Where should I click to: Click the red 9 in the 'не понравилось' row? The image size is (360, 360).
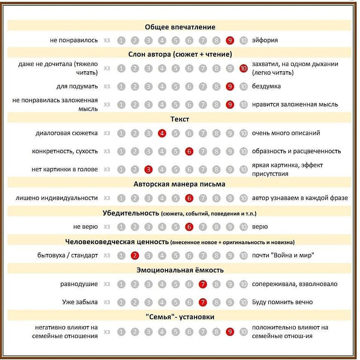click(230, 40)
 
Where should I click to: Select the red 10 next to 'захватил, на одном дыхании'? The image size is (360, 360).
click(243, 68)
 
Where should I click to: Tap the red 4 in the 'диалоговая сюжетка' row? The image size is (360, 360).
click(162, 133)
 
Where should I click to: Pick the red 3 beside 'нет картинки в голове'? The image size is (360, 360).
click(148, 169)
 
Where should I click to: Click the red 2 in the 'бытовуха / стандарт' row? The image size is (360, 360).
click(135, 256)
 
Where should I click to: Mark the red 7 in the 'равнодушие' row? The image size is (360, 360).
click(203, 284)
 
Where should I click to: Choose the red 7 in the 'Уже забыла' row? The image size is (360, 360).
click(203, 302)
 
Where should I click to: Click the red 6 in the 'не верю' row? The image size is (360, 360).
click(189, 227)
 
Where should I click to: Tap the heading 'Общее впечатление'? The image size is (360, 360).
click(180, 27)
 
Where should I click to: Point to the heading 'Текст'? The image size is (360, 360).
click(180, 119)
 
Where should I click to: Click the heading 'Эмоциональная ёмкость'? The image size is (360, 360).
click(180, 270)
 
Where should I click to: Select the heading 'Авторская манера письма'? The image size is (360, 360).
click(179, 184)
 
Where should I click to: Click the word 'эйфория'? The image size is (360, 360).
click(265, 40)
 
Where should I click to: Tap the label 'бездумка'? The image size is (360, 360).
click(266, 86)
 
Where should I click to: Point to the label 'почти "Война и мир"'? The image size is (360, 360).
click(283, 256)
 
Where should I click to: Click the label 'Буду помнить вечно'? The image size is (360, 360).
click(282, 302)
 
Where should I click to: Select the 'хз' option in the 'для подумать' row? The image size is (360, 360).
click(107, 87)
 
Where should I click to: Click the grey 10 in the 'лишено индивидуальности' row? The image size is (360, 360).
click(243, 198)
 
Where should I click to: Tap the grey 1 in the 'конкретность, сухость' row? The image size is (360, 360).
click(121, 151)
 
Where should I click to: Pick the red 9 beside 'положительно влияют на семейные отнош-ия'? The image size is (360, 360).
click(230, 332)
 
